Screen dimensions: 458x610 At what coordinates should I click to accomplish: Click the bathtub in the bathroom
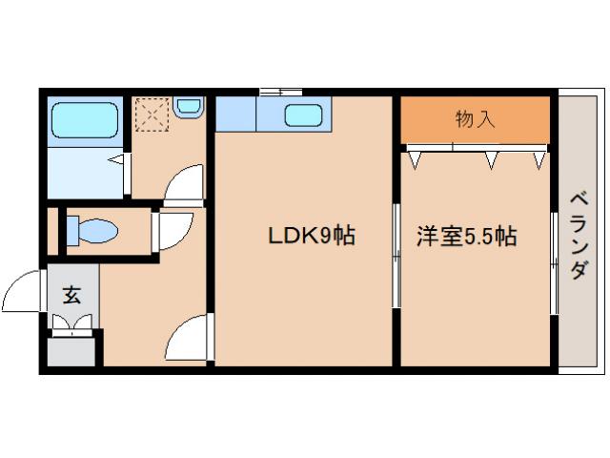tap(82, 120)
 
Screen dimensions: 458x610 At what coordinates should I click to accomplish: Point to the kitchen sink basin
tap(304, 118)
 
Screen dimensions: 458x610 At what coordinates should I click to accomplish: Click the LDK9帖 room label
tap(310, 236)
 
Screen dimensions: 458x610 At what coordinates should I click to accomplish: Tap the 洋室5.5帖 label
tap(466, 236)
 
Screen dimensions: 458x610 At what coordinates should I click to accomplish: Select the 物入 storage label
tap(475, 119)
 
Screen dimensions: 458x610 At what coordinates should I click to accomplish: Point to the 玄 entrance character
tap(71, 295)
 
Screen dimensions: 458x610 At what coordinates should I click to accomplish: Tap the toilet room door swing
tap(172, 229)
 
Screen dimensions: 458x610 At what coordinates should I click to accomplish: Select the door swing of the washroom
tap(184, 183)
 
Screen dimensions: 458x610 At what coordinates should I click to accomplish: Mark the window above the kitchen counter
tap(280, 92)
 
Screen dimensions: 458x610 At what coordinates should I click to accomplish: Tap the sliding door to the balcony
tap(554, 262)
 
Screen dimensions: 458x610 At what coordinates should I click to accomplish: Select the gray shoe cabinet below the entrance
tap(71, 350)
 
